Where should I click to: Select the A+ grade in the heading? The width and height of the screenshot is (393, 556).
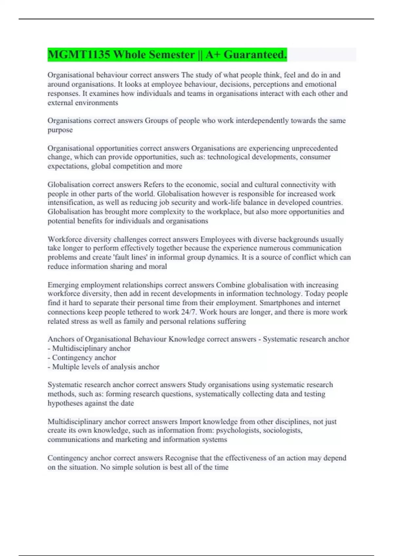pos(213,55)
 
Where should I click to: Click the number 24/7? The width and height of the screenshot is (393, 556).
pos(189,312)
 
